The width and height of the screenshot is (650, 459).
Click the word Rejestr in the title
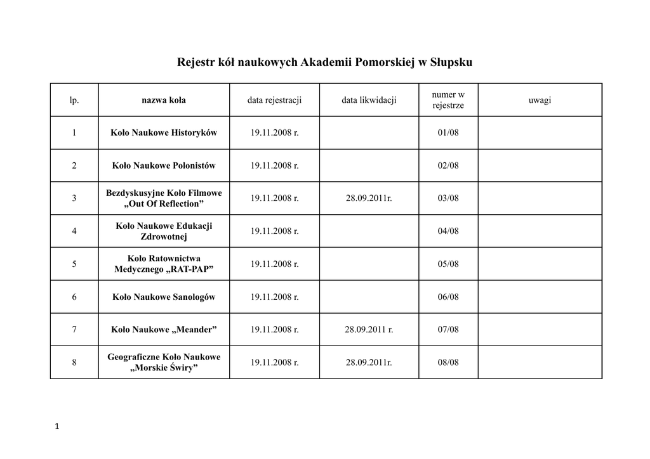pyautogui.click(x=197, y=63)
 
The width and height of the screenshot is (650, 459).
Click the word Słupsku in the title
pyautogui.click(x=451, y=63)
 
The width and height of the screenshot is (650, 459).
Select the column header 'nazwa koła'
pyautogui.click(x=164, y=100)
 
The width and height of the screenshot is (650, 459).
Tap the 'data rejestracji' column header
pyautogui.click(x=274, y=100)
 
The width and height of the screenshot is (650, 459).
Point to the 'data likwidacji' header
pyautogui.click(x=369, y=100)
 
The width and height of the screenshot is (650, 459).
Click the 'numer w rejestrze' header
pyautogui.click(x=448, y=100)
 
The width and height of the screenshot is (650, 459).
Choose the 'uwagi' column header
pyautogui.click(x=540, y=100)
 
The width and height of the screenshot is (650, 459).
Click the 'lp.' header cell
pyautogui.click(x=74, y=100)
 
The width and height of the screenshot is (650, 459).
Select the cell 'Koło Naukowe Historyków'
pyautogui.click(x=164, y=133)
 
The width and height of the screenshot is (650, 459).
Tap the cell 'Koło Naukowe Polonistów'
pyautogui.click(x=164, y=165)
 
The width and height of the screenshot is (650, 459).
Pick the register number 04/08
pyautogui.click(x=448, y=231)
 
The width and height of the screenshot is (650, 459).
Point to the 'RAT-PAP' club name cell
pyautogui.click(x=164, y=264)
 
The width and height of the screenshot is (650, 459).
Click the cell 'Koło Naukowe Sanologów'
pyautogui.click(x=164, y=297)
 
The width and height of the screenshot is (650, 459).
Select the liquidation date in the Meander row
pyautogui.click(x=369, y=330)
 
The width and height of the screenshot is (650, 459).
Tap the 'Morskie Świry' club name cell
pyautogui.click(x=164, y=363)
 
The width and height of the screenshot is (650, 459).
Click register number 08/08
pyautogui.click(x=448, y=363)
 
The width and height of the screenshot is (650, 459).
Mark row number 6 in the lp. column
pyautogui.click(x=74, y=297)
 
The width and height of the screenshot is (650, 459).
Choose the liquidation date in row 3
pyautogui.click(x=369, y=198)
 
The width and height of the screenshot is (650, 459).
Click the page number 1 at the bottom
pyautogui.click(x=57, y=427)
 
